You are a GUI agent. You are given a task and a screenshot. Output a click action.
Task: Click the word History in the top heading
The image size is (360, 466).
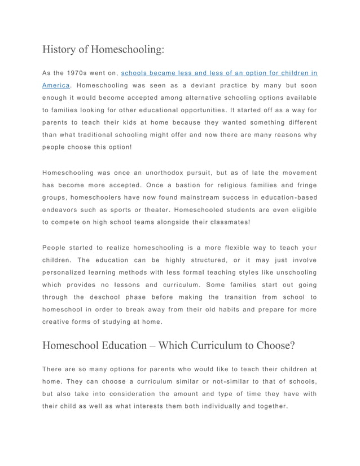click(x=59, y=49)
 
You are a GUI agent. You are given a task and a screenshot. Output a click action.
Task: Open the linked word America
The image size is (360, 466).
click(x=56, y=86)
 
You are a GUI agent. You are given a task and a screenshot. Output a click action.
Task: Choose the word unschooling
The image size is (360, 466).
click(x=291, y=272)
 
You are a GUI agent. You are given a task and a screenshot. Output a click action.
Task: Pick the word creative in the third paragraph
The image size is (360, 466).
click(x=57, y=322)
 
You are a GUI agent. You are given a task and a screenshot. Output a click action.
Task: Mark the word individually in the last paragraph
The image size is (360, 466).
click(x=210, y=406)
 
